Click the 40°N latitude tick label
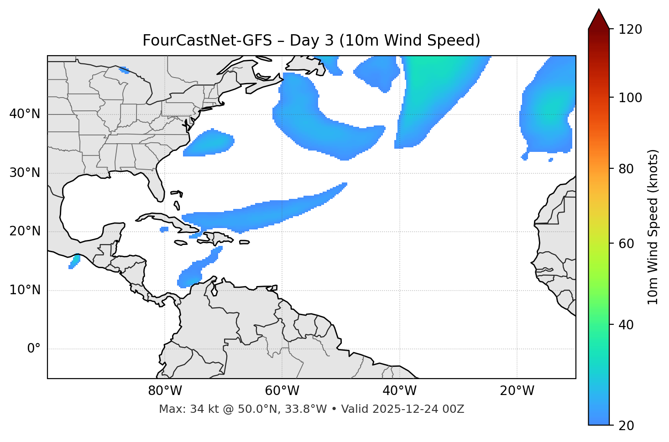click(25, 114)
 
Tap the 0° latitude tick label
click(34, 349)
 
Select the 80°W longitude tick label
click(165, 391)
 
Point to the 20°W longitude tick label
click(517, 391)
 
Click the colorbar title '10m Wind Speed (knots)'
click(653, 227)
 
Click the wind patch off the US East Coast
click(209, 143)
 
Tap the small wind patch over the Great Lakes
click(124, 70)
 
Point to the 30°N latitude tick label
click(25, 173)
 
